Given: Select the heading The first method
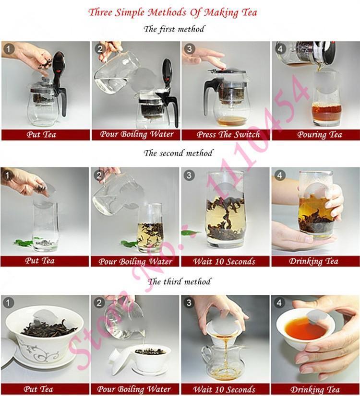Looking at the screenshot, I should (174, 29).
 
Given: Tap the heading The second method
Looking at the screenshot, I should (178, 153).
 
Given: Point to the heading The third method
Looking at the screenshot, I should (179, 281).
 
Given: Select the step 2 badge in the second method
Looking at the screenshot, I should (99, 175).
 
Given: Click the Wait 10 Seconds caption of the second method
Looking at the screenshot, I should (224, 261).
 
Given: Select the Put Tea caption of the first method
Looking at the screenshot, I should (40, 135).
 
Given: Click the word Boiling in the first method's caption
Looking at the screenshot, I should (136, 134).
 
